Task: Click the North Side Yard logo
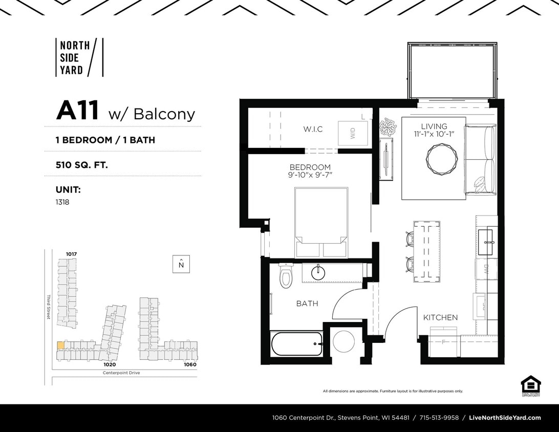tap(79, 57)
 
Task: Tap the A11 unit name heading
tap(77, 111)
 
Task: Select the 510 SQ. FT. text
tap(82, 165)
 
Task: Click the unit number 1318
tap(62, 202)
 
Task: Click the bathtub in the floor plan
tap(296, 343)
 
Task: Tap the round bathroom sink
tap(318, 272)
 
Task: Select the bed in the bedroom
tap(321, 222)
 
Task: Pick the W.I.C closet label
tap(312, 129)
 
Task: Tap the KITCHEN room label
tap(440, 317)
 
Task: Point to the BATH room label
tap(307, 304)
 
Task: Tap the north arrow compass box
tap(181, 264)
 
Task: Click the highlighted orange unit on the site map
tap(60, 345)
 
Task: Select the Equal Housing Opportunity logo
tap(530, 385)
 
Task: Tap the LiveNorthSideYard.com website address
tap(505, 418)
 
